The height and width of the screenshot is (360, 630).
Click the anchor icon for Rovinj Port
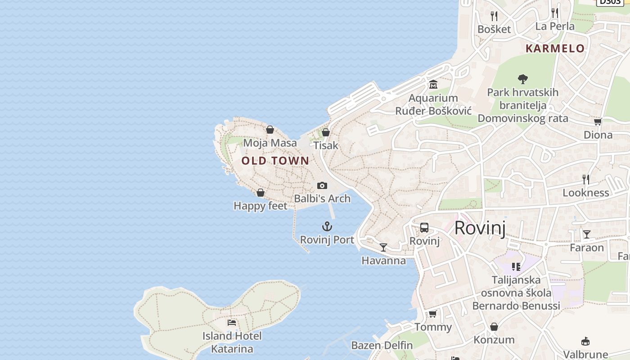pyautogui.click(x=327, y=226)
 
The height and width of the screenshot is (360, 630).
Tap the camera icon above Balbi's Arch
pyautogui.click(x=322, y=185)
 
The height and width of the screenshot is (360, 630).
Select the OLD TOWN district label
pyautogui.click(x=275, y=161)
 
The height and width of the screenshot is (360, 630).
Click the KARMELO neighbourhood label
pyautogui.click(x=555, y=49)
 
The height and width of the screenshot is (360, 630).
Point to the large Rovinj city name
pyautogui.click(x=480, y=228)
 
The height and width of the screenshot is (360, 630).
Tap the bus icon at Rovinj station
pyautogui.click(x=424, y=228)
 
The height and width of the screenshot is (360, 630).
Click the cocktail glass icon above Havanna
pyautogui.click(x=383, y=247)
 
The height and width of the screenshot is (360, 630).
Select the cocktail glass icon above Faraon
pyautogui.click(x=587, y=234)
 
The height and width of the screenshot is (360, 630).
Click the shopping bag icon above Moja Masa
pyautogui.click(x=270, y=130)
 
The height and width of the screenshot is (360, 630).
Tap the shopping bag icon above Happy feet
pyautogui.click(x=260, y=193)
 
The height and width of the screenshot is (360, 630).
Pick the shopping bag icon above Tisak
pyautogui.click(x=326, y=132)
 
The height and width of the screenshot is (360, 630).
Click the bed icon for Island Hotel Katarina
pyautogui.click(x=232, y=322)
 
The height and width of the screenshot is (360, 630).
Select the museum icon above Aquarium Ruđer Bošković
pyautogui.click(x=433, y=85)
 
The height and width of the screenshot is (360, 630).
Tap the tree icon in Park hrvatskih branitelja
pyautogui.click(x=522, y=79)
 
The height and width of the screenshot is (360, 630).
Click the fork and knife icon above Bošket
pyautogui.click(x=494, y=16)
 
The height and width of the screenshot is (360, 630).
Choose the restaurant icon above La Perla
pyautogui.click(x=555, y=13)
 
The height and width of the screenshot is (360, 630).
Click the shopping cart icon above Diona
pyautogui.click(x=598, y=121)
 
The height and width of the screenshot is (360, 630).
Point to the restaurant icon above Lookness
pyautogui.click(x=586, y=180)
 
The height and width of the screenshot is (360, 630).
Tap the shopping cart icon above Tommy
pyautogui.click(x=432, y=314)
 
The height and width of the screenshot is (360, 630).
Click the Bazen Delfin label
pyautogui.click(x=382, y=346)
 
